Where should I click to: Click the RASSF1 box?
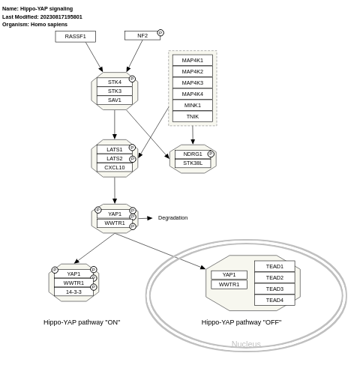point(75,36)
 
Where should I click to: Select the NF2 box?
point(142,35)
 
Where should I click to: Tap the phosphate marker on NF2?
point(160,33)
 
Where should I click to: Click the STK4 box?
point(114,82)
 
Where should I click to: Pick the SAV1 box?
point(114,100)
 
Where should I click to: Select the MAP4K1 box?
point(192,60)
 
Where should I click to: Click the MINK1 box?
point(192,105)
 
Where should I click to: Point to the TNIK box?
point(192,116)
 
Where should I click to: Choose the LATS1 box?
point(114,149)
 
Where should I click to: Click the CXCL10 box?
point(114,167)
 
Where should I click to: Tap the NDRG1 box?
point(193,154)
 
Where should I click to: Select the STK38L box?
point(193,163)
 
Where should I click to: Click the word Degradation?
point(172,218)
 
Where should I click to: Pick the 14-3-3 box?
point(73,292)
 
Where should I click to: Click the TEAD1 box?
point(274,266)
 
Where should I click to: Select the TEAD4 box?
point(274,300)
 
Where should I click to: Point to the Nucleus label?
point(246,344)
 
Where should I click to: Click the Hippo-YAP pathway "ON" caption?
point(82,322)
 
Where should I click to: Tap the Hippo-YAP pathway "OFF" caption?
point(241,322)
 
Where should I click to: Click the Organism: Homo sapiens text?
point(34,25)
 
